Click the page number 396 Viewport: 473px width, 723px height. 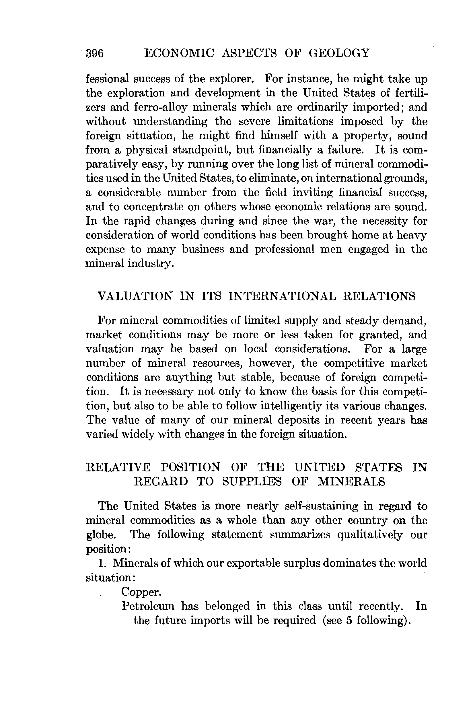[95, 53]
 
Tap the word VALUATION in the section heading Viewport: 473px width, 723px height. [135, 296]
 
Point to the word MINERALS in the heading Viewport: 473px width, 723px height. [351, 482]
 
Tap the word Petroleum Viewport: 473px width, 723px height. [148, 606]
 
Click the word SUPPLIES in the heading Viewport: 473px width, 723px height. [252, 482]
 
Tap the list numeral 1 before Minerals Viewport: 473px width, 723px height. [101, 563]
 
